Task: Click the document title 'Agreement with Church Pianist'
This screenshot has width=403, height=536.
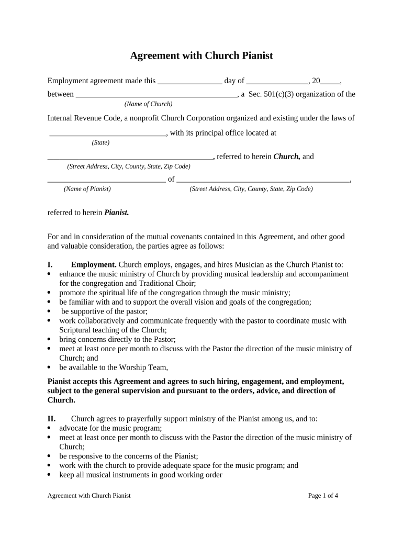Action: pyautogui.click(x=201, y=55)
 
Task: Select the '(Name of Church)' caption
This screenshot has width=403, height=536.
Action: pyautogui.click(x=148, y=104)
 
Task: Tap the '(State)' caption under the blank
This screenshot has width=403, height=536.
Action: pyautogui.click(x=100, y=143)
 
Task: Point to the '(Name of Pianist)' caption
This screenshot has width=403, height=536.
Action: pyautogui.click(x=87, y=189)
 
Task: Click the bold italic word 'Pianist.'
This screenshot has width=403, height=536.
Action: pyautogui.click(x=116, y=213)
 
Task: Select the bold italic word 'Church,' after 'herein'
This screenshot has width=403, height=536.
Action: pyautogui.click(x=286, y=157)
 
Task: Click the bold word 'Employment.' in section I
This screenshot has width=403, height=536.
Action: pyautogui.click(x=94, y=264)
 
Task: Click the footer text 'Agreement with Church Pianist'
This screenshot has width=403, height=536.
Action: pyautogui.click(x=89, y=496)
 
